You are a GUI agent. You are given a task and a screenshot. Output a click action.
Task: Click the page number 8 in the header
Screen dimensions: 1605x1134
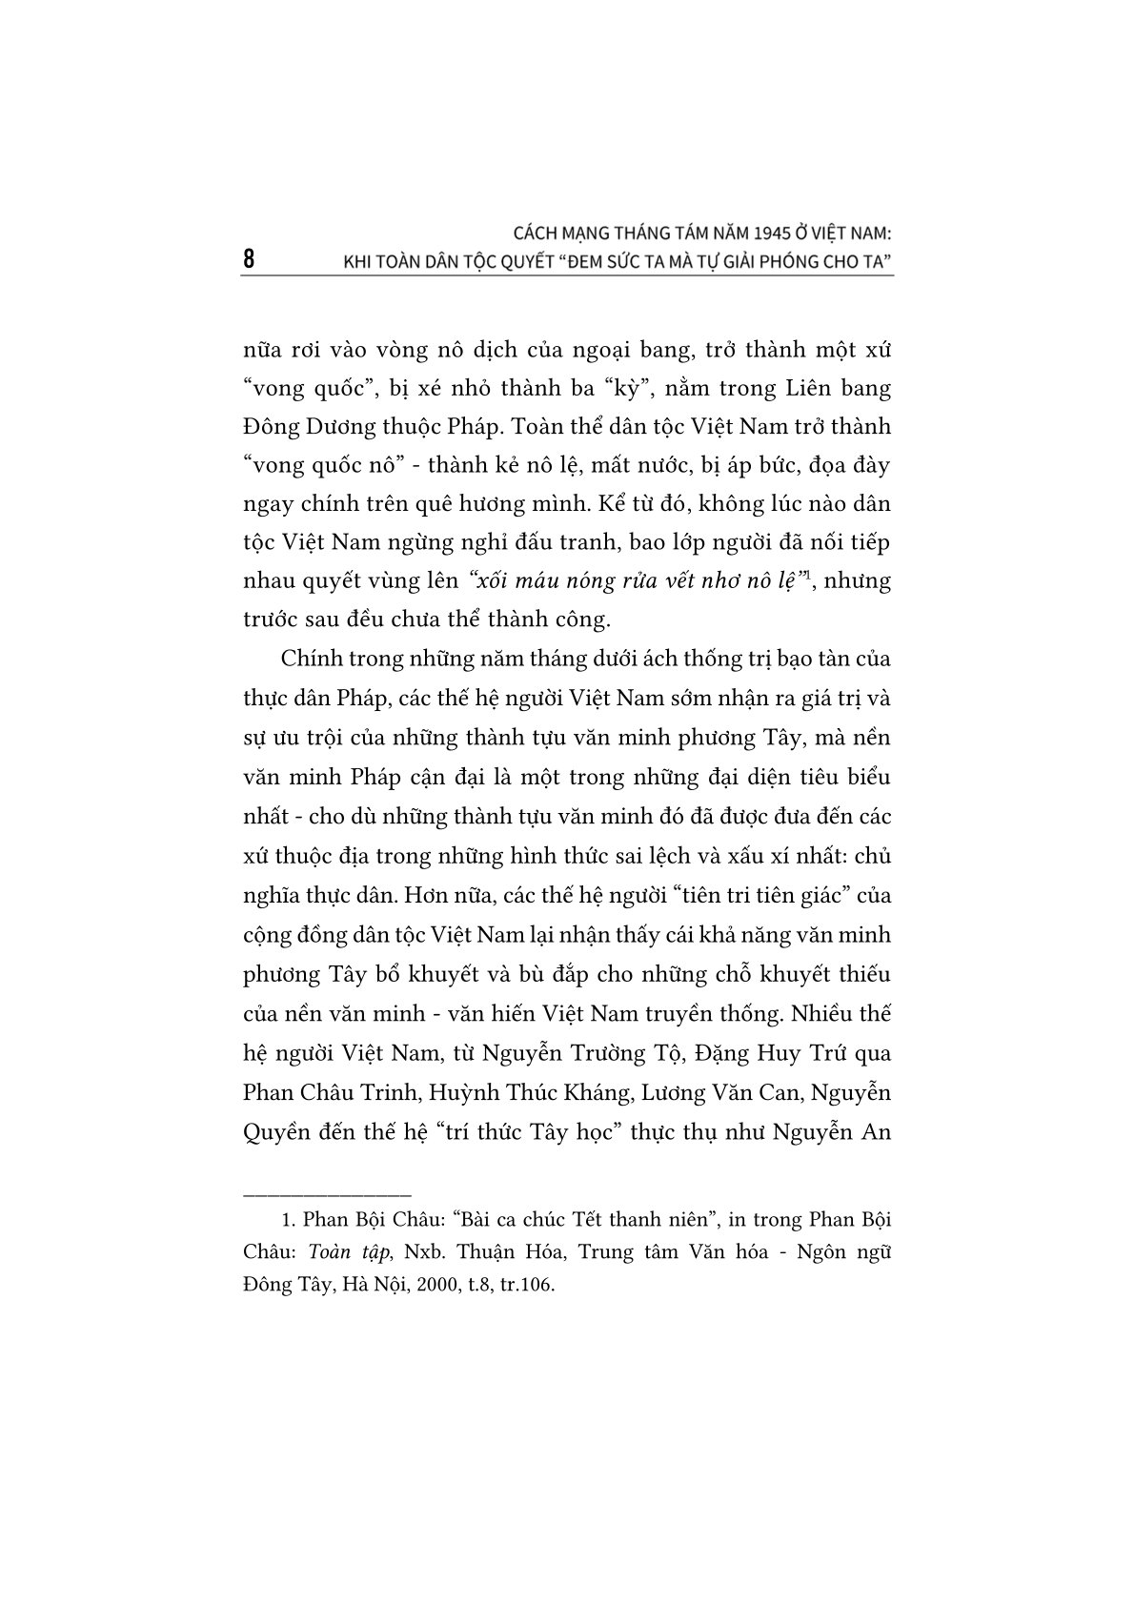[249, 259]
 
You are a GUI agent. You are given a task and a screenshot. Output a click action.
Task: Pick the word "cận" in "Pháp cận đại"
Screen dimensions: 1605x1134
[475, 776]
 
